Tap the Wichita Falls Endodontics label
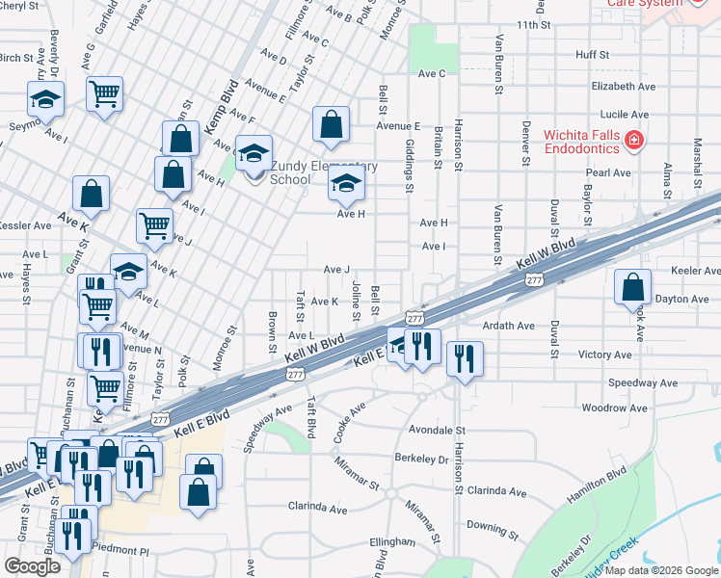[x=581, y=142]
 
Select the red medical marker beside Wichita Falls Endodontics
[x=633, y=142]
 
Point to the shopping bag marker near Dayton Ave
[x=631, y=287]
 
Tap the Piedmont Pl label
[x=120, y=550]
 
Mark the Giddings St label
[x=410, y=163]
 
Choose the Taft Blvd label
[x=310, y=417]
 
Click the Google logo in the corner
[x=32, y=565]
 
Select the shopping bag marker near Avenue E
[x=331, y=124]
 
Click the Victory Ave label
[x=604, y=355]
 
